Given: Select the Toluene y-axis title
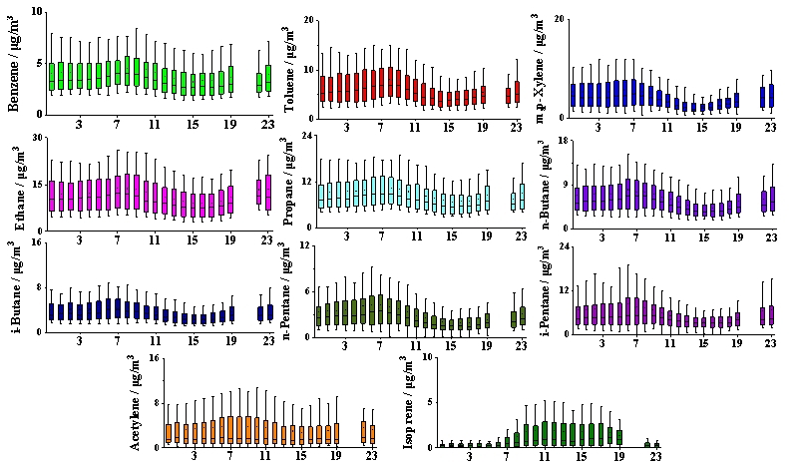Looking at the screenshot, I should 290,68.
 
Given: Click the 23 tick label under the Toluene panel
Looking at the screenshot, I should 516,126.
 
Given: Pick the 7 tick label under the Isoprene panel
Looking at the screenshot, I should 506,456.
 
